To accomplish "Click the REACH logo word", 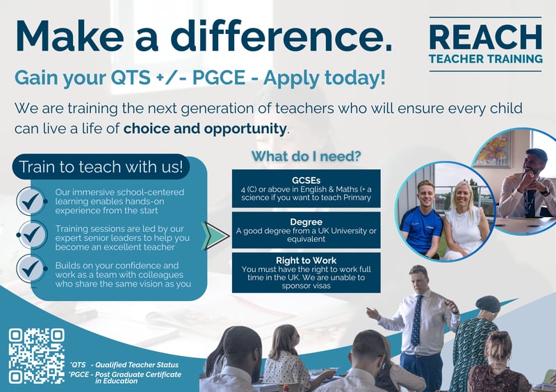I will pos(485,36).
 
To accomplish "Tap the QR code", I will pos(37,356).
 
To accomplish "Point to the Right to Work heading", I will pos(306,260).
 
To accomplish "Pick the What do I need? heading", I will pos(306,155).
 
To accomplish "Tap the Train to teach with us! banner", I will pos(101,167).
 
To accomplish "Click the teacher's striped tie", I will pos(416,320).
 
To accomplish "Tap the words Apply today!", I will pos(335,77).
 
